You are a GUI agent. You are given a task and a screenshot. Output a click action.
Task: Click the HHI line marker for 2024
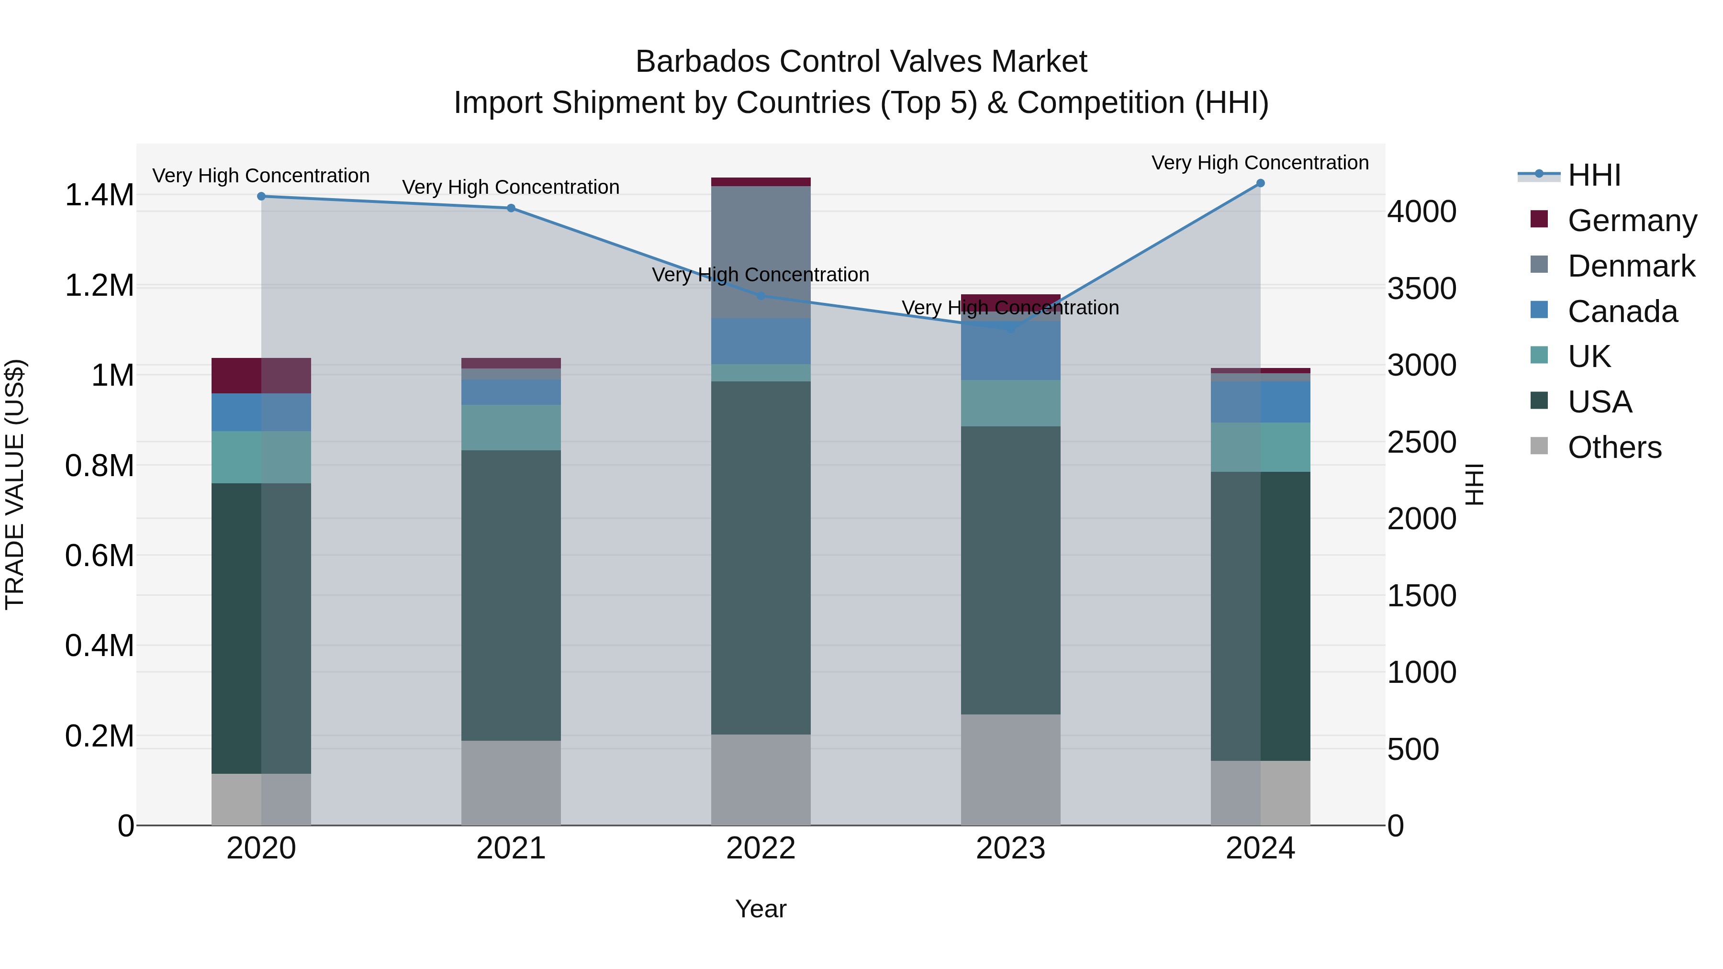point(1260,183)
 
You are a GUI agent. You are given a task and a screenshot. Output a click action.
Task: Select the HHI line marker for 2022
point(761,296)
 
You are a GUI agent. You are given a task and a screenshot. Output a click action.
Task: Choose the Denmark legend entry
point(1630,266)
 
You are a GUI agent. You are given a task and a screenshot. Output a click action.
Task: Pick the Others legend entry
point(1613,447)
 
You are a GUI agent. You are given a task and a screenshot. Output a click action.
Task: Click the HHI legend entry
point(1593,175)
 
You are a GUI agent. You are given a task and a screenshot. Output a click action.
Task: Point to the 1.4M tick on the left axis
point(99,195)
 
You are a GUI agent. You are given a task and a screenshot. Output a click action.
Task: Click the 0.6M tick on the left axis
point(99,556)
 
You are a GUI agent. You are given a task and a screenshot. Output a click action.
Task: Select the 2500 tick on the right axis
point(1421,442)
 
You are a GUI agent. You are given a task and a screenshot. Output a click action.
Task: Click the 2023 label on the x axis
point(1010,848)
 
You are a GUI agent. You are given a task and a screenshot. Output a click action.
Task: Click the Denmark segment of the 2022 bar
point(761,252)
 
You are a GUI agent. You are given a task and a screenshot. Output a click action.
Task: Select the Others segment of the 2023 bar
point(1010,769)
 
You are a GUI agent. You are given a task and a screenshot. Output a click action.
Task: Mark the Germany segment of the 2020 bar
point(261,375)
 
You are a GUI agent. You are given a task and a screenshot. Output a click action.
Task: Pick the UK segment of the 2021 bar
point(511,427)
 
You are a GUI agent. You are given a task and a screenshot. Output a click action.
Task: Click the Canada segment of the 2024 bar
point(1260,402)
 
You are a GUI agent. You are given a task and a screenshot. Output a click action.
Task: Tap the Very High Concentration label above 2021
point(511,187)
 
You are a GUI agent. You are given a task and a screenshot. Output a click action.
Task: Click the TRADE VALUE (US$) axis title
point(15,484)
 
